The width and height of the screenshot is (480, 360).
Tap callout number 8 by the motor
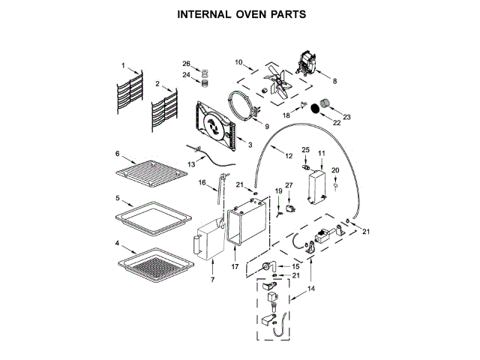pos(334,81)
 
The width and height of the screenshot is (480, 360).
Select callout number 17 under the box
pos(234,265)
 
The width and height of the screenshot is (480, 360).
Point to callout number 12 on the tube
pos(289,155)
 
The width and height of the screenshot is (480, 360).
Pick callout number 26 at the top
pos(187,63)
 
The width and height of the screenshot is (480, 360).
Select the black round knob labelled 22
pos(317,109)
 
